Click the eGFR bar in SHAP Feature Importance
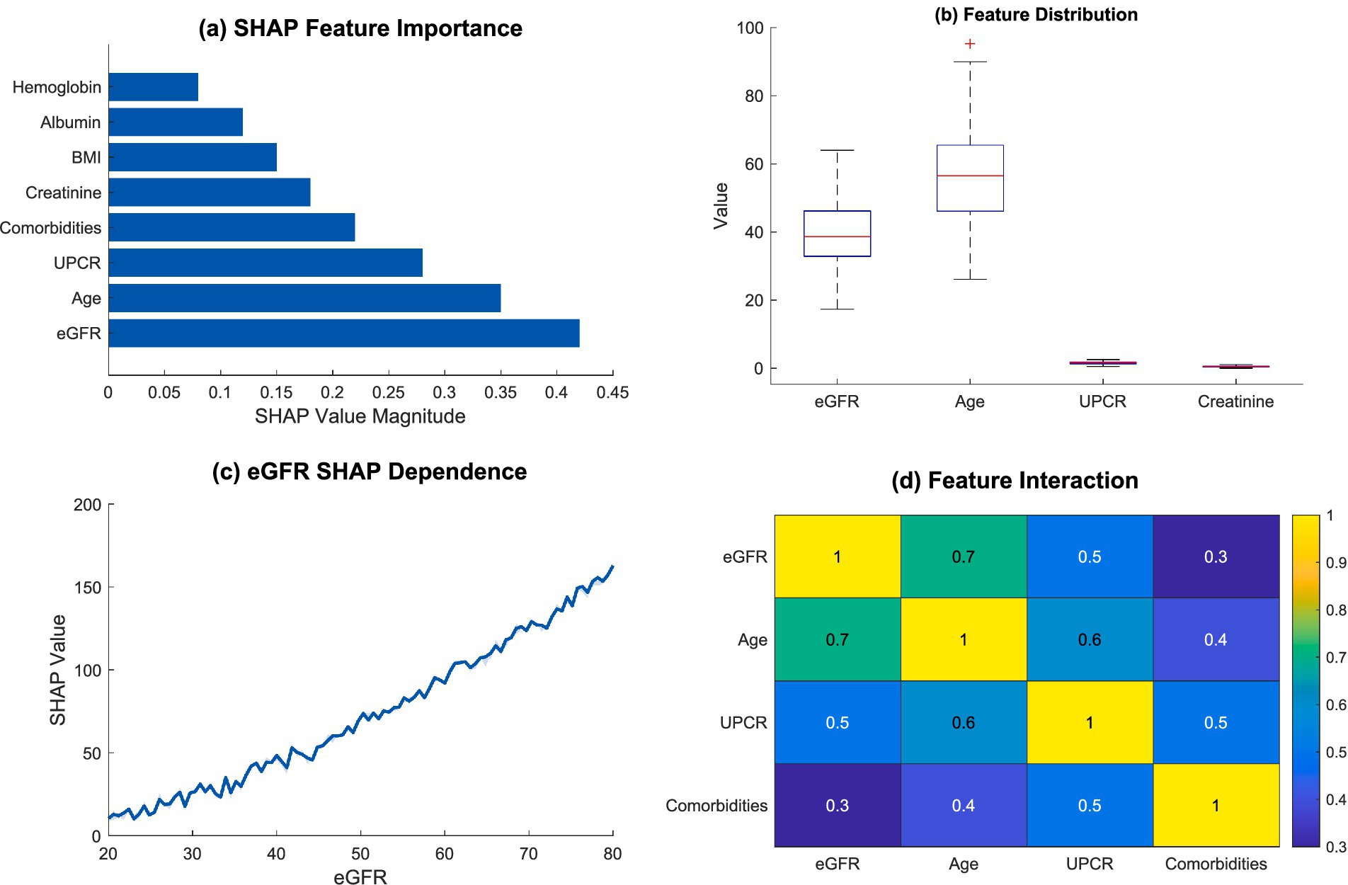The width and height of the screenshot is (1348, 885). [x=343, y=333]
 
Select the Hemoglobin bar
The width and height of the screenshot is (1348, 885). [x=153, y=87]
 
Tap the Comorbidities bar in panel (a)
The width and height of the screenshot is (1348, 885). [x=232, y=227]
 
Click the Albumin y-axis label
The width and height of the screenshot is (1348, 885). [x=70, y=122]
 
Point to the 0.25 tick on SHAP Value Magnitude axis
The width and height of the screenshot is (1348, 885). [x=388, y=392]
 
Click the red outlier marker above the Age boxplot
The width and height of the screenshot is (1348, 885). [x=970, y=44]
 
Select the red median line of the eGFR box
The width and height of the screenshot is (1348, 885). [x=837, y=236]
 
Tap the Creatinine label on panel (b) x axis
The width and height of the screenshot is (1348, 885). [x=1235, y=401]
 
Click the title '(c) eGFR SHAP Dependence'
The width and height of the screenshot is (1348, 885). [x=369, y=472]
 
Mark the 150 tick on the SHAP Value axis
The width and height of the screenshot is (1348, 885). [x=88, y=588]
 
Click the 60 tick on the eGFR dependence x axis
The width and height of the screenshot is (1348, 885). [x=444, y=854]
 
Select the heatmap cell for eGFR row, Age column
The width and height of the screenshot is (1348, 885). [x=963, y=556]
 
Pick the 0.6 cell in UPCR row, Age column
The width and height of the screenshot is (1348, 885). [x=963, y=722]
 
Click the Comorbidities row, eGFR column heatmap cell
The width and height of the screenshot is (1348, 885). [x=837, y=805]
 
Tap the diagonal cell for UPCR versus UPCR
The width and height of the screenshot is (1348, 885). [x=1089, y=722]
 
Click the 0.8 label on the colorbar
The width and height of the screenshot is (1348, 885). [x=1335, y=610]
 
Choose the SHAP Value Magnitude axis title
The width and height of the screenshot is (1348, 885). [x=360, y=416]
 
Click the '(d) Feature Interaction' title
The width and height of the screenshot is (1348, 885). [x=1014, y=481]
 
